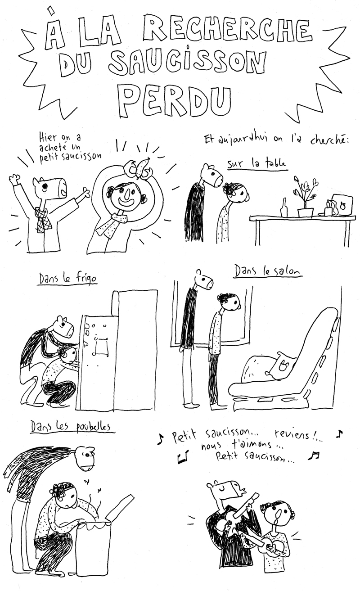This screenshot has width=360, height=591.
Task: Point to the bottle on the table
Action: (284, 208)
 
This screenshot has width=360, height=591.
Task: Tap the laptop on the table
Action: (342, 205)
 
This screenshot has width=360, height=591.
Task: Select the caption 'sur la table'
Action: (256, 165)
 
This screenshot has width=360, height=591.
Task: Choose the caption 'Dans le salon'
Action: (268, 271)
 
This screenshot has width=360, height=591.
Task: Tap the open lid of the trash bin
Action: (120, 508)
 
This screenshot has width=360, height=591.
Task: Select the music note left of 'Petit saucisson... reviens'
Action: (161, 439)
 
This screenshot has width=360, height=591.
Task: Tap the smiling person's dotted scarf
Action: (111, 224)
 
